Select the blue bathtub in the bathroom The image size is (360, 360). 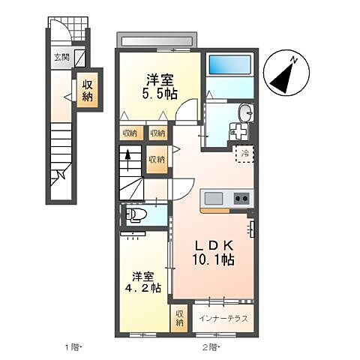[229, 74]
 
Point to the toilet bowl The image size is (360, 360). [136, 217]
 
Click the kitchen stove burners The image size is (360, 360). [242, 199]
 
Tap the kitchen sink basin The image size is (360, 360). [214, 199]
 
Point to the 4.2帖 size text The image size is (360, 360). [143, 286]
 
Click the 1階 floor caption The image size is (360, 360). [72, 346]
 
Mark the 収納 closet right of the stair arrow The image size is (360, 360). [157, 160]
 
